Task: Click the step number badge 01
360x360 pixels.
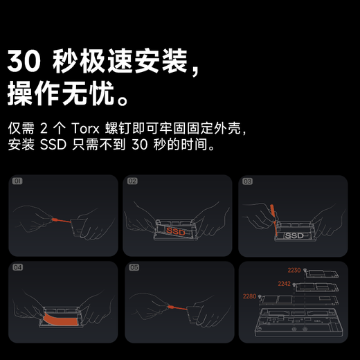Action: pos(18,181)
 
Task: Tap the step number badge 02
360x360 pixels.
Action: pos(133,181)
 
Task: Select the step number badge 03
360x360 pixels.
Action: pos(248,181)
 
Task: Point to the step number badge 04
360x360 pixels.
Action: pos(18,268)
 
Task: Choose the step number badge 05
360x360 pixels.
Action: pos(133,268)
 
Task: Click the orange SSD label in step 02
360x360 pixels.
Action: pos(174,232)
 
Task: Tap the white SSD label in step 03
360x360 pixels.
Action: pos(294,236)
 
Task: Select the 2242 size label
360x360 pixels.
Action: pos(285,283)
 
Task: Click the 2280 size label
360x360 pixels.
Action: pos(250,296)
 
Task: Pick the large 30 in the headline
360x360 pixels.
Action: pos(26,62)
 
